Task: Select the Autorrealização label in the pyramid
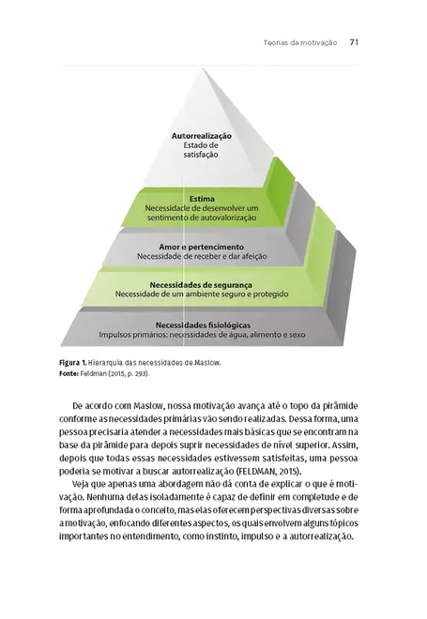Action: pyautogui.click(x=201, y=137)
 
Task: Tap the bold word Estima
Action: pyautogui.click(x=201, y=199)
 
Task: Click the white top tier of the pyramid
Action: pyautogui.click(x=201, y=103)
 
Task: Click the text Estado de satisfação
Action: pyautogui.click(x=201, y=152)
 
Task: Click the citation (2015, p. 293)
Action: pyautogui.click(x=131, y=373)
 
